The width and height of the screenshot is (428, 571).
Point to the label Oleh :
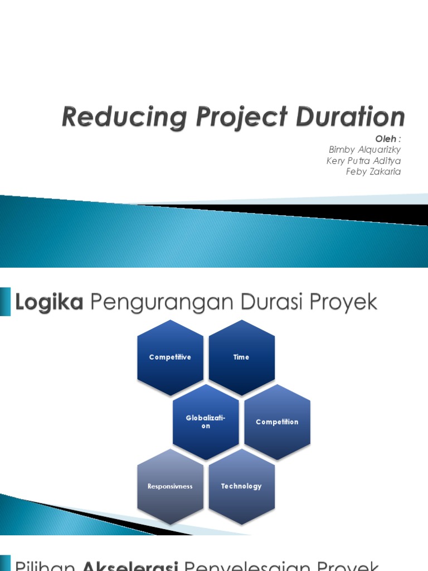388,139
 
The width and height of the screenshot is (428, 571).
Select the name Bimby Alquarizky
365,150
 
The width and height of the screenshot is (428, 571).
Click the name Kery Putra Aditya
363,161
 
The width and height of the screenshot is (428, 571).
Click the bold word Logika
50,303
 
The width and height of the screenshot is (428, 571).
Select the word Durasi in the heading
264,303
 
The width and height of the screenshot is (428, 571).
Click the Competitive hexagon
170,357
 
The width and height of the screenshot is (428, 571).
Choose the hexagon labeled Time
241,357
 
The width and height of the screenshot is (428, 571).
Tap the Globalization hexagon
206,422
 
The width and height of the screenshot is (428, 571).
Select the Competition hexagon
277,422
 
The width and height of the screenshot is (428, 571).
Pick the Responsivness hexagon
170,486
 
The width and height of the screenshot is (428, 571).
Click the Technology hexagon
241,486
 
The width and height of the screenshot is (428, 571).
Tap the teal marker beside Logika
5,302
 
